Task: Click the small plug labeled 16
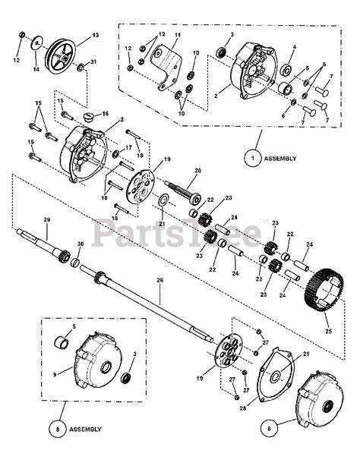pyautogui.click(x=86, y=117)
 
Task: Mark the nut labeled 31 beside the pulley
pyautogui.click(x=80, y=68)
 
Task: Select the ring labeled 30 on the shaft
pyautogui.click(x=75, y=262)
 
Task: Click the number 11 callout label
pyautogui.click(x=178, y=36)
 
